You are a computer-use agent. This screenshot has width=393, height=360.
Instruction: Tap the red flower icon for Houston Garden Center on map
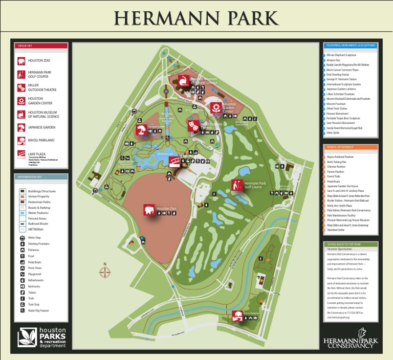tap(216, 108)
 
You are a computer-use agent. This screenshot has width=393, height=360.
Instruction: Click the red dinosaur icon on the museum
tap(183, 80)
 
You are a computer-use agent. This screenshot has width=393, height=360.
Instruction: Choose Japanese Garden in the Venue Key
tap(41, 127)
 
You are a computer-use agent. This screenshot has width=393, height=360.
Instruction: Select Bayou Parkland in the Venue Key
tap(41, 140)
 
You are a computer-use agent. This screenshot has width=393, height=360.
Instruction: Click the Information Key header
tap(41, 177)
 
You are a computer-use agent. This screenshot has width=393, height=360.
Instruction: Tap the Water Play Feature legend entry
tap(38, 310)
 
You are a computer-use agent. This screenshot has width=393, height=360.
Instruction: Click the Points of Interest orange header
tap(351, 147)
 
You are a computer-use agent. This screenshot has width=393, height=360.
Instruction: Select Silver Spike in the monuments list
tap(333, 132)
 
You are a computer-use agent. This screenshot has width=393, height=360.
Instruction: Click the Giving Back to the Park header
tap(351, 244)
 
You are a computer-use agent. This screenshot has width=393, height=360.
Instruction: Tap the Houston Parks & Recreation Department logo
tap(42, 337)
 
